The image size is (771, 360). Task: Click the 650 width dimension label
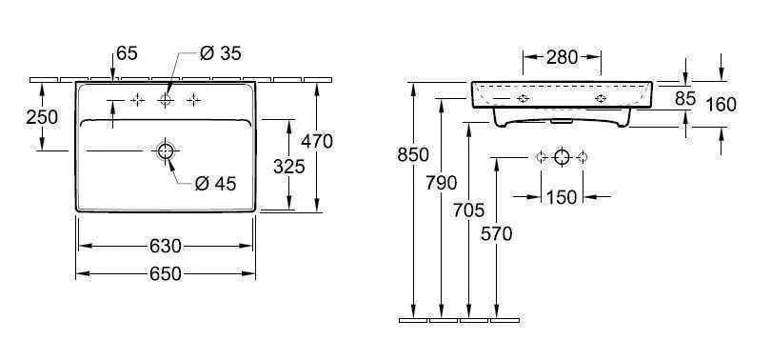pyautogui.click(x=165, y=274)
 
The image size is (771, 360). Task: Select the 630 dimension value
pyautogui.click(x=165, y=246)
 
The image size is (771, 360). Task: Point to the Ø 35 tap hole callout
pyautogui.click(x=220, y=54)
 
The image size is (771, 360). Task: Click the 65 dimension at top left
pyautogui.click(x=128, y=54)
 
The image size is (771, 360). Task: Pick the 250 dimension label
pyautogui.click(x=43, y=117)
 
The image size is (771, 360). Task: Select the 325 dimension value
pyautogui.click(x=287, y=167)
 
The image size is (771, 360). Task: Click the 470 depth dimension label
pyautogui.click(x=316, y=142)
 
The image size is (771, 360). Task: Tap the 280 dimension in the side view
pyautogui.click(x=562, y=57)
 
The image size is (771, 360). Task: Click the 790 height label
pyautogui.click(x=442, y=183)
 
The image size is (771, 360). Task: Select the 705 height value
pyautogui.click(x=467, y=210)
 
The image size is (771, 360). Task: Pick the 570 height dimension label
pyautogui.click(x=496, y=234)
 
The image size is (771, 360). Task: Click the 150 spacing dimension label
pyautogui.click(x=562, y=197)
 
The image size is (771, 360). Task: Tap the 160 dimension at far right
pyautogui.click(x=721, y=105)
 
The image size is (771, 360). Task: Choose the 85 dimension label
pyautogui.click(x=685, y=97)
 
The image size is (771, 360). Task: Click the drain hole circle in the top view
pyautogui.click(x=166, y=151)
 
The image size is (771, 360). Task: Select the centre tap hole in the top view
pyautogui.click(x=166, y=100)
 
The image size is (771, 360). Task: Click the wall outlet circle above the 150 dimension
pyautogui.click(x=562, y=157)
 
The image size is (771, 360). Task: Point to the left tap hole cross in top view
pyautogui.click(x=138, y=100)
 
